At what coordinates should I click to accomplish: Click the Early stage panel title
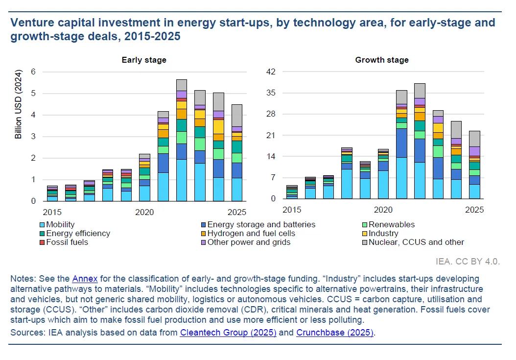pyautogui.click(x=144, y=60)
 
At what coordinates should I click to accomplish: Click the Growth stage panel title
pyautogui.click(x=382, y=60)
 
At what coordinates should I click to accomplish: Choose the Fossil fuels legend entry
pyautogui.click(x=67, y=242)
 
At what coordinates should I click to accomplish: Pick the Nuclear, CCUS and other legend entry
pyautogui.click(x=416, y=242)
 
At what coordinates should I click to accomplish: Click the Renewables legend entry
pyautogui.click(x=391, y=225)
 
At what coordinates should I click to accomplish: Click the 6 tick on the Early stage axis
pyautogui.click(x=33, y=72)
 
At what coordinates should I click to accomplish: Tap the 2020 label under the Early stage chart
pyautogui.click(x=144, y=212)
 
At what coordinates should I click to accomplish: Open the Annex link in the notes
pyautogui.click(x=85, y=279)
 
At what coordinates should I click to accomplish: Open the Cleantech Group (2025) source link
pyautogui.click(x=228, y=333)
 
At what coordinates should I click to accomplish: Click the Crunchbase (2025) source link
pyautogui.click(x=335, y=333)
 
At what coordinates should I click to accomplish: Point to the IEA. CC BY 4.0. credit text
pyautogui.click(x=468, y=262)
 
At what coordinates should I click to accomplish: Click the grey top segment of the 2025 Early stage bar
pyautogui.click(x=237, y=115)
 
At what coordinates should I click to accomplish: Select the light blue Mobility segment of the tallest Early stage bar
pyautogui.click(x=182, y=180)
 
